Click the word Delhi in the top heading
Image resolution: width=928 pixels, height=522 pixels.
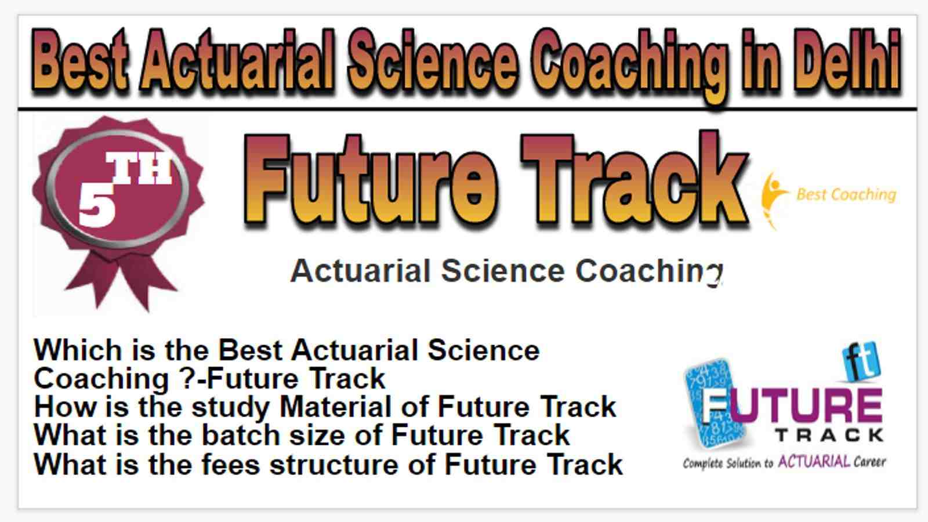847,60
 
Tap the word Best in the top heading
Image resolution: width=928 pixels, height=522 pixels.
79,60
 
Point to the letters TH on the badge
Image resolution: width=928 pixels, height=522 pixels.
139,168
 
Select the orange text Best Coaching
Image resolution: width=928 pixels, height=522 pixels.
846,195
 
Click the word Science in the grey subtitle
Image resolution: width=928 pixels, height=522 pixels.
503,271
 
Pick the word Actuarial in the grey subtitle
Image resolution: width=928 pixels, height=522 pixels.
360,271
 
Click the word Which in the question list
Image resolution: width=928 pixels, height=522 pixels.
78,350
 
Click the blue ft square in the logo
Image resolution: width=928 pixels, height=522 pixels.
861,361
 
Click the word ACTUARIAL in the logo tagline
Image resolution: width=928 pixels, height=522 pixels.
814,462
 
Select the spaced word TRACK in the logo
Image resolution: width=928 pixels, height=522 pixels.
829,436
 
